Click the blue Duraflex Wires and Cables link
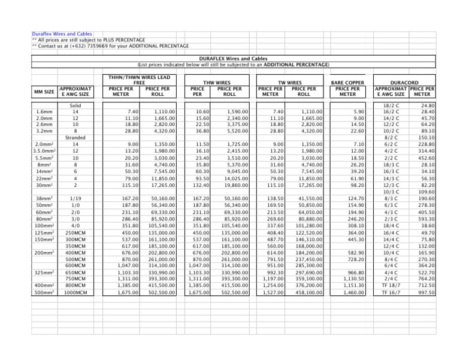click(62, 34)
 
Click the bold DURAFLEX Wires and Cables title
click(233, 58)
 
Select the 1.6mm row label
click(43, 111)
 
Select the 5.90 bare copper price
click(358, 111)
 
